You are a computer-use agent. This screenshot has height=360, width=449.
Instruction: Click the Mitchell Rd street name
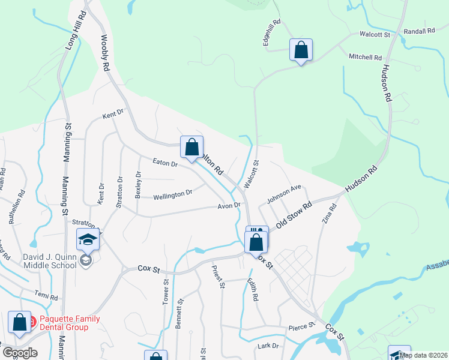[x=365, y=57]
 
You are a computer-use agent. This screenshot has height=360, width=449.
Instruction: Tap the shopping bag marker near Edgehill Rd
[x=301, y=50]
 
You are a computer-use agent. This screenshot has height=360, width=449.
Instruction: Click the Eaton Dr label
[x=165, y=163]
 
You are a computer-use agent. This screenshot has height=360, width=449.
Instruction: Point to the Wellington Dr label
[x=172, y=195]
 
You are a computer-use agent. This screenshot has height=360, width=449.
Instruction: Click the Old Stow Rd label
[x=295, y=215]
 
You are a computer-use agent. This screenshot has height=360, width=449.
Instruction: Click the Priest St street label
[x=217, y=278]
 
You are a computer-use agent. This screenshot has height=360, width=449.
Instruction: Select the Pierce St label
[x=301, y=326]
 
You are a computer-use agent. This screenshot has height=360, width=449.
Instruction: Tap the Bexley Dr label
[x=139, y=185]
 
